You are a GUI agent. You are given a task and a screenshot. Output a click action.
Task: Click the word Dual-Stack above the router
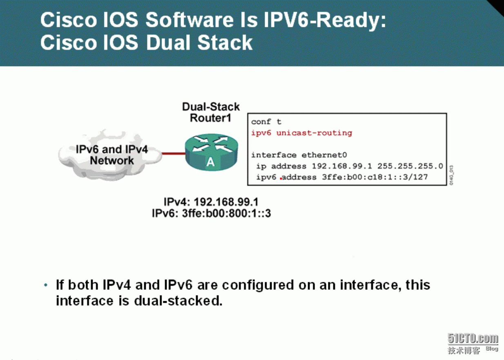point(211,107)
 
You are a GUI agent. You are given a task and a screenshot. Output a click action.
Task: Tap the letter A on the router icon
point(210,162)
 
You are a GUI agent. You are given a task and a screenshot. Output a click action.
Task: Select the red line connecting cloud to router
point(174,154)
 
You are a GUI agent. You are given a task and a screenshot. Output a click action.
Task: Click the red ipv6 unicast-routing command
point(301,133)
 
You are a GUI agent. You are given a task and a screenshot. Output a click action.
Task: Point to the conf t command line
point(266,122)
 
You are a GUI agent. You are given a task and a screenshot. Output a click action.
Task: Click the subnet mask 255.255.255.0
point(410,166)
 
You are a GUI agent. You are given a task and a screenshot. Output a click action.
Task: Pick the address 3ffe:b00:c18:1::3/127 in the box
point(375,177)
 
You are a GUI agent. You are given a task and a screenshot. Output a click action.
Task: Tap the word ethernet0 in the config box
point(324,155)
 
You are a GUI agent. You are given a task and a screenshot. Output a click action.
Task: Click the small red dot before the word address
point(281,179)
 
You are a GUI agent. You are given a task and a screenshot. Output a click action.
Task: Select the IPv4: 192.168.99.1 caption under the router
point(211,202)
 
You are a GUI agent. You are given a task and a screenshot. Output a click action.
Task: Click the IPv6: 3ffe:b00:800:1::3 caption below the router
point(211,213)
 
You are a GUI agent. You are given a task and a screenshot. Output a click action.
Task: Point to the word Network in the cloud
point(112,161)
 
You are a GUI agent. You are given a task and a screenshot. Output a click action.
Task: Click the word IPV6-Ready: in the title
point(325,21)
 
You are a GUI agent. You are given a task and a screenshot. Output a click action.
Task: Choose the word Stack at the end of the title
point(225,42)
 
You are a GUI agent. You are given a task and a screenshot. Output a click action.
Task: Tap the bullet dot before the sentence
point(46,285)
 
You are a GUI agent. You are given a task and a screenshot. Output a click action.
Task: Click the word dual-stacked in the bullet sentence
point(178,301)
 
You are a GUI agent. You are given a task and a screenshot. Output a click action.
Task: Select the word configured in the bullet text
point(258,286)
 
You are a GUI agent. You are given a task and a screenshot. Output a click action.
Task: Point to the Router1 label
point(210,118)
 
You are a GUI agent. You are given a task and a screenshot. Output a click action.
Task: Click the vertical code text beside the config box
point(451,175)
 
